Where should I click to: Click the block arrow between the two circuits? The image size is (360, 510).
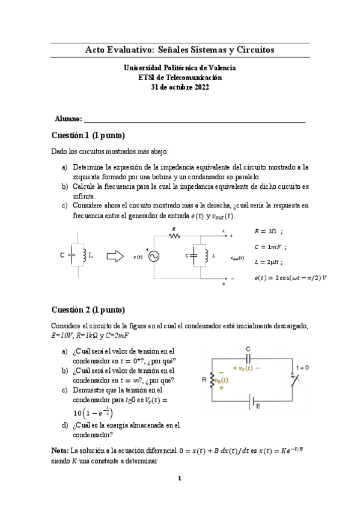coord(115,256)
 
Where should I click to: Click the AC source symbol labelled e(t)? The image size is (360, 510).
coord(154,256)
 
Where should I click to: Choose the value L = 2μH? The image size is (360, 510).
coord(268,262)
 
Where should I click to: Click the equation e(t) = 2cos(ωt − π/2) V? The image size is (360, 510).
coord(290,277)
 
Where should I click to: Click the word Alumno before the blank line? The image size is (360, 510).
coord(67,118)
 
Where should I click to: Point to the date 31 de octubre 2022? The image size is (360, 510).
coord(180,87)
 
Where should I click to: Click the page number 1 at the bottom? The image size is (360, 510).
coord(179,479)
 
